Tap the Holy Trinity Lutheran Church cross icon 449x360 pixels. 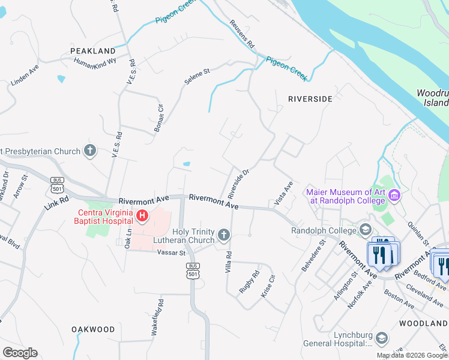pos(224,235)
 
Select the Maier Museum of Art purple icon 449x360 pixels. pos(394,195)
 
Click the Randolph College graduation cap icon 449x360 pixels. pos(365,230)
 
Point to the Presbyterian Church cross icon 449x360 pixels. pos(90,150)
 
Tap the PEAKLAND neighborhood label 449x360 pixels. pos(92,51)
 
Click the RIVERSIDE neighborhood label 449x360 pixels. pos(310,98)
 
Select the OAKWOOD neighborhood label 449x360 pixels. pos(93,329)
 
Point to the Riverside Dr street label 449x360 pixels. pos(238,184)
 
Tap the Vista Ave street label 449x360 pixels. pos(283,194)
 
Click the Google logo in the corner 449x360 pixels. pos(20,353)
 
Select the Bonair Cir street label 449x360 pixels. pos(158,118)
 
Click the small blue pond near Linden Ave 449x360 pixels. pos(61,79)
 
